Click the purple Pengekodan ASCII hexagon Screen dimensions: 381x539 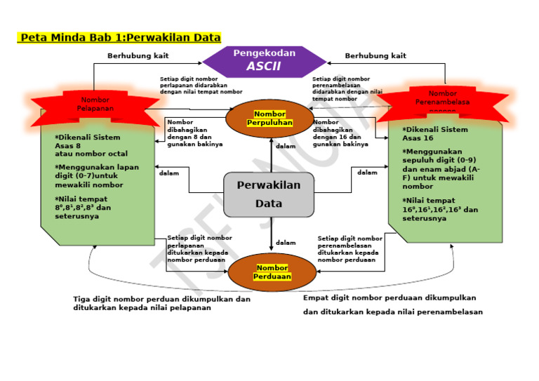click(x=264, y=60)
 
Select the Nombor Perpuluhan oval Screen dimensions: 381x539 click(x=269, y=119)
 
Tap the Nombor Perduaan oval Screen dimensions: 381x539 click(x=272, y=272)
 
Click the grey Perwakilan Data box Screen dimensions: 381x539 click(x=269, y=194)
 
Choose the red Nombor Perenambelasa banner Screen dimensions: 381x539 click(x=443, y=98)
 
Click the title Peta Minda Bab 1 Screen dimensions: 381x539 click(x=119, y=37)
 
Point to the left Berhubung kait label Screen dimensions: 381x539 click(x=138, y=55)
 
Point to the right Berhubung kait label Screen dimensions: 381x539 click(x=375, y=55)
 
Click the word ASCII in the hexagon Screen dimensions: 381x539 click(x=264, y=67)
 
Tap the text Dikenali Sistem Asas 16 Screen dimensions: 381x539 click(x=435, y=133)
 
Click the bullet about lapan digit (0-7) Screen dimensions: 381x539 click(x=97, y=176)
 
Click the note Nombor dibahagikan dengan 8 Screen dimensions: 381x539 click(x=194, y=133)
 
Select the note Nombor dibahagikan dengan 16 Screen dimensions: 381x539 click(x=340, y=133)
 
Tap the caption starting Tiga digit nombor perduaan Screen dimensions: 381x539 click(x=161, y=303)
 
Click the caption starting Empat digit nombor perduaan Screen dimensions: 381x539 click(x=393, y=305)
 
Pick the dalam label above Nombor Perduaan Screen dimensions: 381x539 click(x=286, y=243)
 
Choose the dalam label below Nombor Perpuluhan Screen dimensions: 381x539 click(x=286, y=147)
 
